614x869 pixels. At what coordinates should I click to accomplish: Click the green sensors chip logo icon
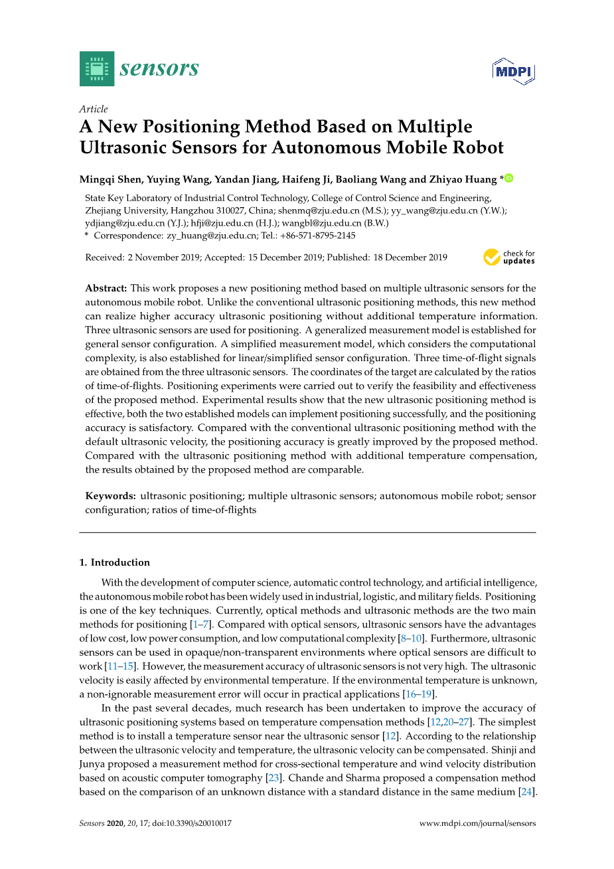click(x=97, y=69)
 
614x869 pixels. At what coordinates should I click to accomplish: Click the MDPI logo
click(x=513, y=71)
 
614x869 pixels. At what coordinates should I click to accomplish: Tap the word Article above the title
click(x=94, y=109)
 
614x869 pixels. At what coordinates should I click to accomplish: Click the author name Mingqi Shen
click(x=110, y=179)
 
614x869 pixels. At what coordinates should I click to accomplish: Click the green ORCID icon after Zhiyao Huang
click(x=509, y=178)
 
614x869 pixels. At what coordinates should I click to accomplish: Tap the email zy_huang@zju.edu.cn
click(x=211, y=236)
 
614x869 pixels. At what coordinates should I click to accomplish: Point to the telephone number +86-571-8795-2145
click(x=317, y=236)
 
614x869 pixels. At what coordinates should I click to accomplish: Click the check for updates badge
click(x=509, y=257)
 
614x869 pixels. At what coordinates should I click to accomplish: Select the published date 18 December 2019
click(x=410, y=258)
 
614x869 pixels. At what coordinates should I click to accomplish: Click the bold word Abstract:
click(x=106, y=288)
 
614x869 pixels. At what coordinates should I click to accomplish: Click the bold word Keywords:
click(x=110, y=496)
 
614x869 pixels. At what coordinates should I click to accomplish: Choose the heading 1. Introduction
click(x=115, y=562)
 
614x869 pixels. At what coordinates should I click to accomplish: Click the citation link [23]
click(x=273, y=778)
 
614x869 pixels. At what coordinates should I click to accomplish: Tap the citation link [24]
click(x=526, y=792)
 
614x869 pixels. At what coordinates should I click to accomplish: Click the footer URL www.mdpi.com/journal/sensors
click(x=477, y=823)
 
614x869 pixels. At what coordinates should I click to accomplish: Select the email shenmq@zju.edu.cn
click(x=318, y=210)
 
